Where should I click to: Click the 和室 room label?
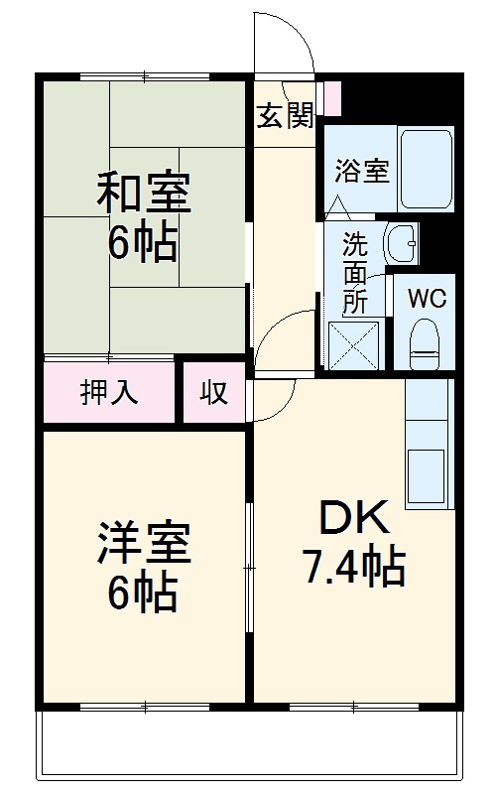pyautogui.click(x=144, y=193)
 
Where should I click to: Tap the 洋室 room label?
pyautogui.click(x=144, y=543)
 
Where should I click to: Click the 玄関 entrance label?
pyautogui.click(x=285, y=116)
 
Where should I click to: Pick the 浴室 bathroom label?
pyautogui.click(x=361, y=171)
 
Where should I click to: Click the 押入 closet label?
pyautogui.click(x=109, y=392)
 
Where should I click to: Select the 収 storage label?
pyautogui.click(x=214, y=392)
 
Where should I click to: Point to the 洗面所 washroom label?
pyautogui.click(x=354, y=271)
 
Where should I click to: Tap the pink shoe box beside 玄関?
pyautogui.click(x=332, y=97)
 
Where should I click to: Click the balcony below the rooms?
pyautogui.click(x=248, y=744)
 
